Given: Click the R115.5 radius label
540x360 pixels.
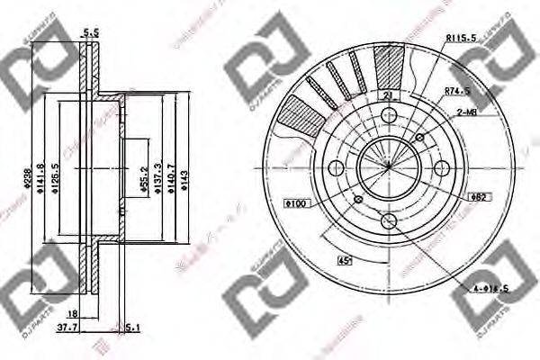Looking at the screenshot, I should click(462, 37).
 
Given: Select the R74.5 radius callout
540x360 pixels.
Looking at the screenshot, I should click(459, 90).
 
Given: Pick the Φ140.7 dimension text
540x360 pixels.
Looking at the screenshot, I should click(174, 170).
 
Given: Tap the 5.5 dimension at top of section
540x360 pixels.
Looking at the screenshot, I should click(90, 32).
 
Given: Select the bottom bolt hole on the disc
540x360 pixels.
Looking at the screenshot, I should click(389, 221).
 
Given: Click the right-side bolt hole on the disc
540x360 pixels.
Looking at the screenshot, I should click(443, 168).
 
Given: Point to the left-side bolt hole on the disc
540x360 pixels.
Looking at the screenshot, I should click(336, 168).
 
